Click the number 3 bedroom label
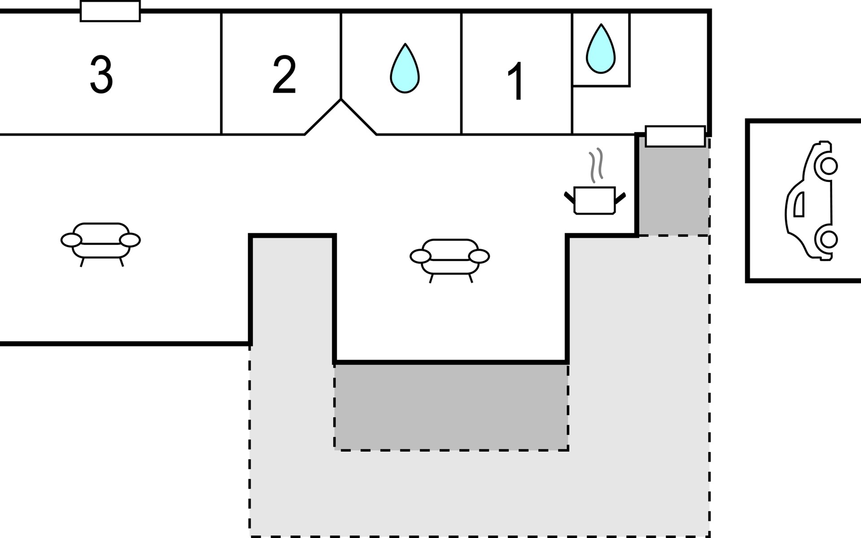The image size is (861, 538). tap(101, 74)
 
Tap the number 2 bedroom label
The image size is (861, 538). tap(284, 74)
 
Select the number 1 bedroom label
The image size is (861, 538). tap(516, 81)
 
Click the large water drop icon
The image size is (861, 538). tap(404, 68)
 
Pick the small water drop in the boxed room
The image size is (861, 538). tap(601, 49)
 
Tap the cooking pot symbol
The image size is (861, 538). tap(595, 200)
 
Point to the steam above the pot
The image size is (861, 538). tap(596, 165)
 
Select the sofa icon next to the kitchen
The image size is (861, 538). tap(450, 260)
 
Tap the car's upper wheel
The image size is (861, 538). tap(829, 166)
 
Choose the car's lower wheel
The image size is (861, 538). tap(829, 239)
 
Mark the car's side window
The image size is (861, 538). tap(799, 204)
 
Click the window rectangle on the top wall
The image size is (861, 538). tap(110, 11)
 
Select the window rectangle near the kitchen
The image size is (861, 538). tap(675, 136)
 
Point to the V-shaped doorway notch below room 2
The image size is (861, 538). tap(341, 116)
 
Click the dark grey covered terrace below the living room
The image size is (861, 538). tap(451, 407)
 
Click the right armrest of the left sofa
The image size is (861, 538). tap(130, 240)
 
